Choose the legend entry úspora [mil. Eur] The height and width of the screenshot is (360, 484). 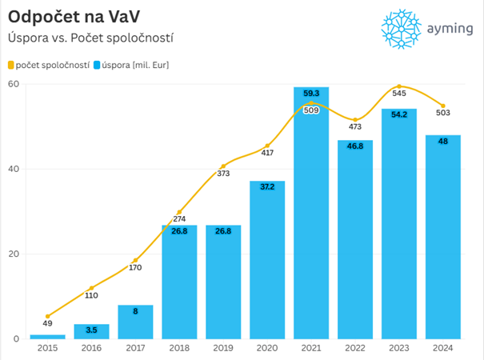(136, 65)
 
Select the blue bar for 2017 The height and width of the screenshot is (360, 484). (135, 322)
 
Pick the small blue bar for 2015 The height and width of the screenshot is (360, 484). (47, 336)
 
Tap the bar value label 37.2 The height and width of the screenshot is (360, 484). (267, 186)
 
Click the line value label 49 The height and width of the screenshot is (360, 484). (47, 324)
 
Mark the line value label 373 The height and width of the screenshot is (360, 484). (223, 174)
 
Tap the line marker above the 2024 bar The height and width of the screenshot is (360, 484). (442, 106)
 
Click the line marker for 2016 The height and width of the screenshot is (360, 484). (91, 288)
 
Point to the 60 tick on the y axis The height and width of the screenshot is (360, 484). (14, 84)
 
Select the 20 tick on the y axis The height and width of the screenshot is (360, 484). (14, 254)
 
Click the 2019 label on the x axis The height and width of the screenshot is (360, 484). (223, 348)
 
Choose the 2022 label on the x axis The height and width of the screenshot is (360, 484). (354, 348)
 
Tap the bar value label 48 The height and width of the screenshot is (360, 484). (442, 141)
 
